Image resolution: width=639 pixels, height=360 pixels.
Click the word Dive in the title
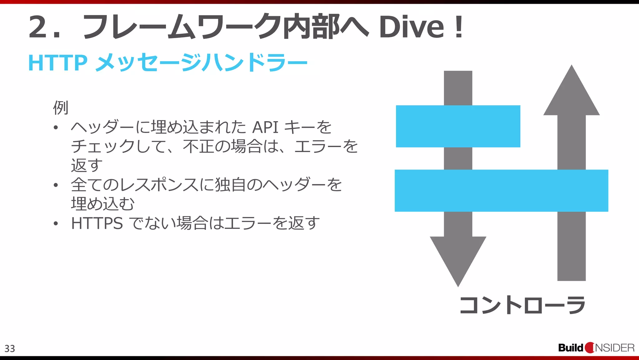pos(411,27)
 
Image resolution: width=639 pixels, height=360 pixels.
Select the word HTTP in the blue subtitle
pos(58,63)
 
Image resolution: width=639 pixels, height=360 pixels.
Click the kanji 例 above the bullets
pos(61,107)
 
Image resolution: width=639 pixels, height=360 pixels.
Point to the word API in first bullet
pos(265,127)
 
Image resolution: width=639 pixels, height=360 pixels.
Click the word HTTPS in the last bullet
pos(97,223)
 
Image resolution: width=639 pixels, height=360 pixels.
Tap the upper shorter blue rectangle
pos(458,126)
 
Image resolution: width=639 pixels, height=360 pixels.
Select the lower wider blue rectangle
pos(501,190)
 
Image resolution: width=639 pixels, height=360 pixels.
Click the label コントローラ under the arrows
pos(522,305)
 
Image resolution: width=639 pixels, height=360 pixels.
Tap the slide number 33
pos(10,348)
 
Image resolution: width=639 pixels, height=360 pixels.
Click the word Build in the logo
pos(570,348)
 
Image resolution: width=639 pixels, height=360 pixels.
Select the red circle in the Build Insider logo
pos(590,348)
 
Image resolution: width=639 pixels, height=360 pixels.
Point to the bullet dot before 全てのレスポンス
pos(56,185)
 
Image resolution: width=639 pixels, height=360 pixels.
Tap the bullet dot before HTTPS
pos(56,224)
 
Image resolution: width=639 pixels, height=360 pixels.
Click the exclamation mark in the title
pos(459,27)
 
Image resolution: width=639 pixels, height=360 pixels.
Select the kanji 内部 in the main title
pos(311,27)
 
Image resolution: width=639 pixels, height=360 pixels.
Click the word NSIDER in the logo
pos(615,348)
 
